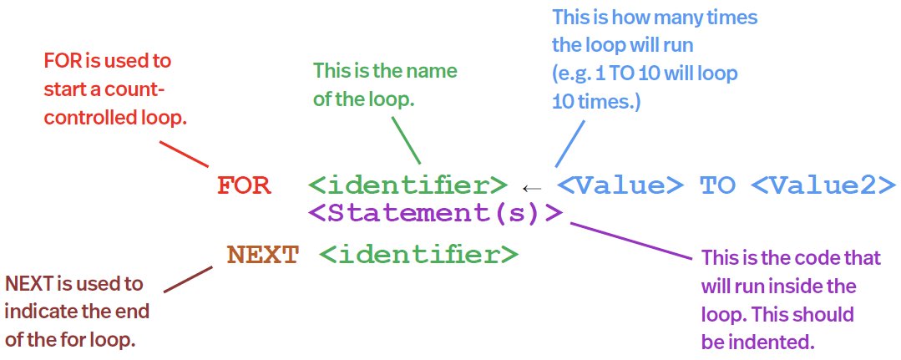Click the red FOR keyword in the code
pos(244,185)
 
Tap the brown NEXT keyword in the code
pos(262,255)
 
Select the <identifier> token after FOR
pos(407,185)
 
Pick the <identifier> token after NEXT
pos(418,255)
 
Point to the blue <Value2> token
pos(823,185)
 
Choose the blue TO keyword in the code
pos(717,185)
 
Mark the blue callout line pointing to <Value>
pos(569,143)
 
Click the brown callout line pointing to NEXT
pos(190,280)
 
